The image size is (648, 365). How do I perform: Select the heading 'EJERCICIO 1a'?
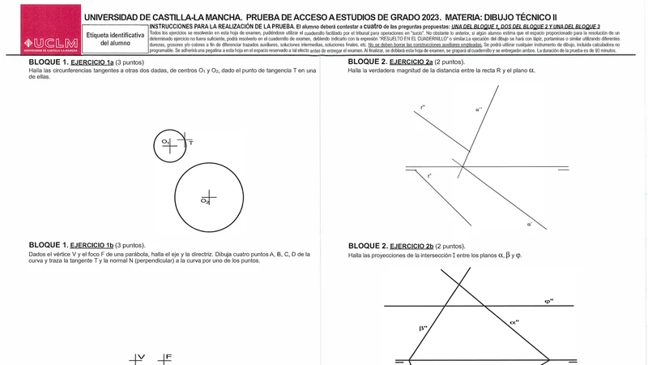[x=92, y=62]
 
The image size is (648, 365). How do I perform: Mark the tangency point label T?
[x=191, y=143]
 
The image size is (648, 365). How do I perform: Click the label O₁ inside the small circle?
[x=164, y=141]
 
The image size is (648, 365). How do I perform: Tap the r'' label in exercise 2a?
[x=423, y=107]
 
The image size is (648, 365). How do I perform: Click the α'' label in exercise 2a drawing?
[x=479, y=109]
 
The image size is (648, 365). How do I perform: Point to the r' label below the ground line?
[x=429, y=176]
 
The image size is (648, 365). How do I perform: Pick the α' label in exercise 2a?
[x=530, y=224]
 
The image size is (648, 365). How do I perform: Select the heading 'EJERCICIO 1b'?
[x=92, y=245]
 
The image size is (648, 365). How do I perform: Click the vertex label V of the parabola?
[x=141, y=357]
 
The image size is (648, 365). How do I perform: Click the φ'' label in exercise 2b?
[x=549, y=301]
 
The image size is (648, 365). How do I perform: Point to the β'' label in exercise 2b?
[x=423, y=328]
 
